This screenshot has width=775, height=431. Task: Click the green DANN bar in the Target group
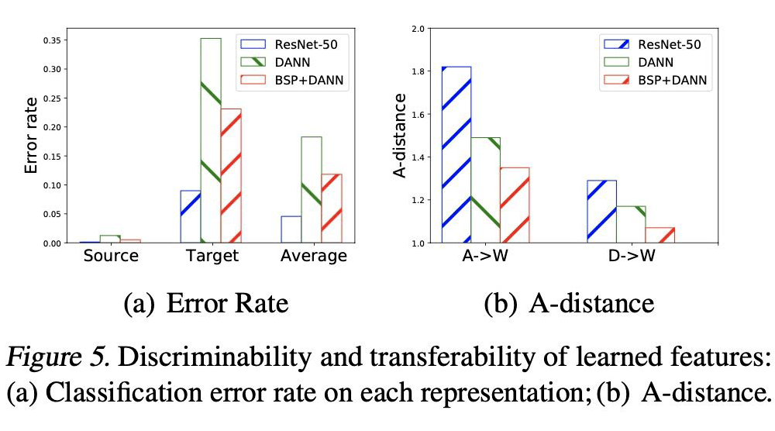point(211,140)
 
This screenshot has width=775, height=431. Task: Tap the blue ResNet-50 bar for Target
point(191,216)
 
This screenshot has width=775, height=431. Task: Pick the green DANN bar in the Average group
point(312,190)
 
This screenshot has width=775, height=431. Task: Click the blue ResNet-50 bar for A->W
point(456,155)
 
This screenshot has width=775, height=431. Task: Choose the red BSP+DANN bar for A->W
point(515,205)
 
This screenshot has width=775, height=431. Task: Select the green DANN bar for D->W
point(631,224)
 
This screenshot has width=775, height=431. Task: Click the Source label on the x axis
point(110,256)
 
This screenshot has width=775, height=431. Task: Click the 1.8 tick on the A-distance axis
point(419,71)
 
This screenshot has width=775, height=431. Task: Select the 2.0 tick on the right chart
point(419,29)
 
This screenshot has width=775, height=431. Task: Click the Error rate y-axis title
point(31,136)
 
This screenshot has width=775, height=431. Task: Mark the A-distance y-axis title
point(400,136)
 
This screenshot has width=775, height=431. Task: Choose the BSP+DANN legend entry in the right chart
point(670,79)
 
